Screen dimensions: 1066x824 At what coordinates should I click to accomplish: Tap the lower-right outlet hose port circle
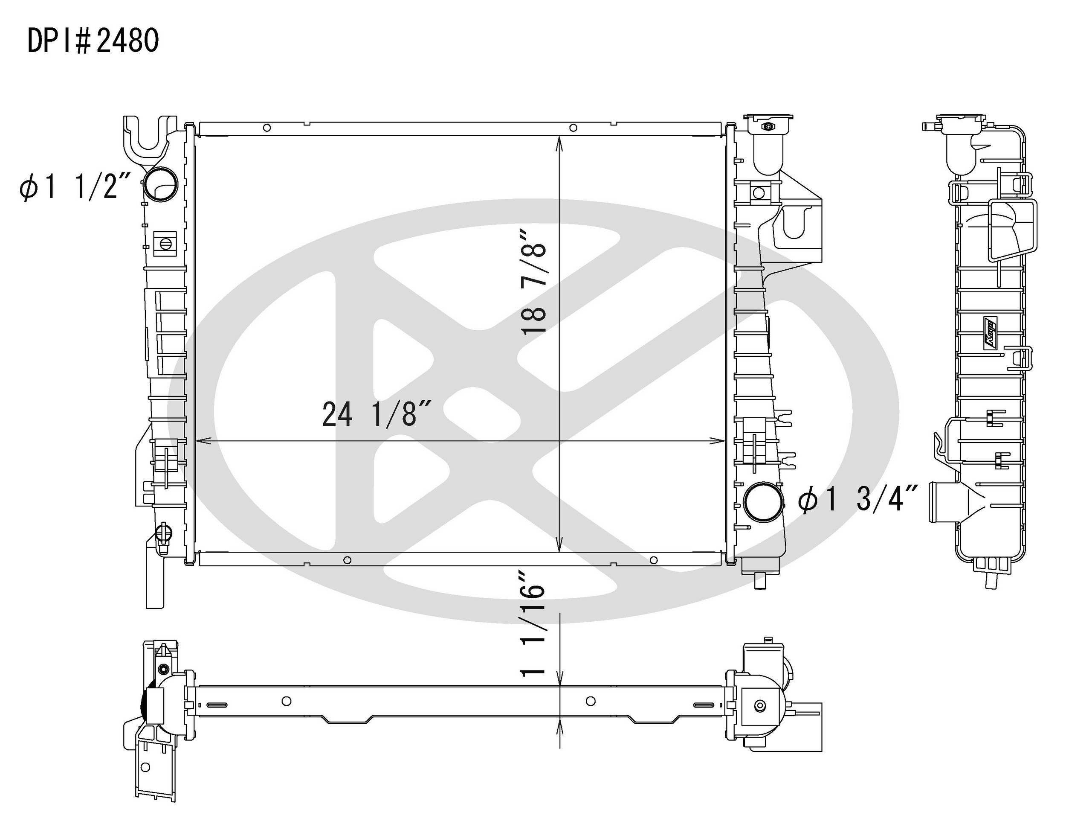pos(764,502)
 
